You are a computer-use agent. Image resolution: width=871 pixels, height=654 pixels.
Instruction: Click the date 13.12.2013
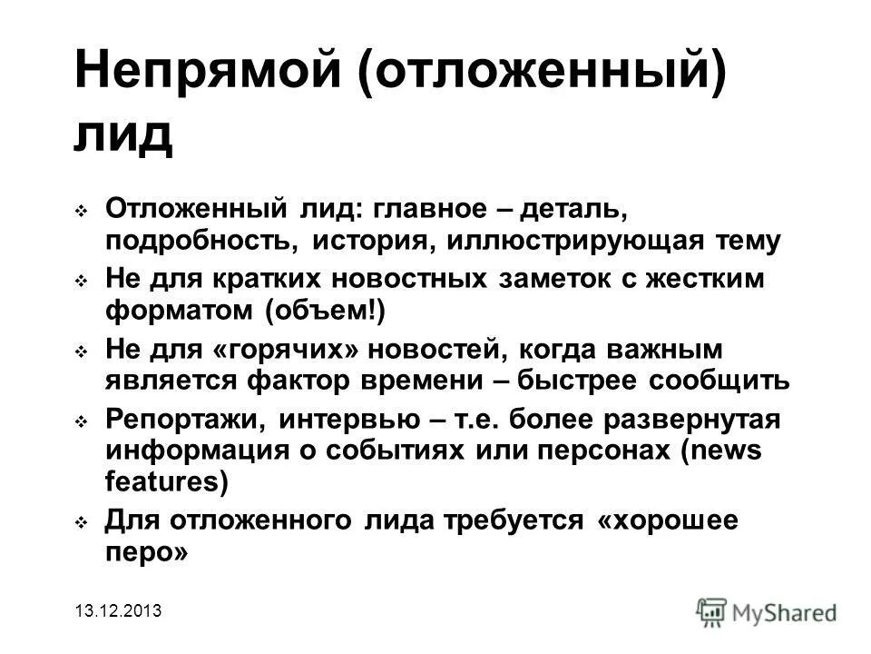tap(118, 611)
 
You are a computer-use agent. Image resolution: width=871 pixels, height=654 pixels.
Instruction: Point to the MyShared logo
tap(766, 611)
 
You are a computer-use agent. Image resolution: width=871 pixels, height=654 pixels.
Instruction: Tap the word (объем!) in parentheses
tap(326, 310)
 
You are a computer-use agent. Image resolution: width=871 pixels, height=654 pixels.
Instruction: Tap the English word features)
tap(168, 481)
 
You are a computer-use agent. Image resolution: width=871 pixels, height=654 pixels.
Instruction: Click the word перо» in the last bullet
tap(147, 550)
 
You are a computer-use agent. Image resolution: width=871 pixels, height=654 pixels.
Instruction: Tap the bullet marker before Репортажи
tap(82, 422)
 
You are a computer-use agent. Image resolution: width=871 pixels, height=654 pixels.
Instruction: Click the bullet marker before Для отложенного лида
tap(82, 522)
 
